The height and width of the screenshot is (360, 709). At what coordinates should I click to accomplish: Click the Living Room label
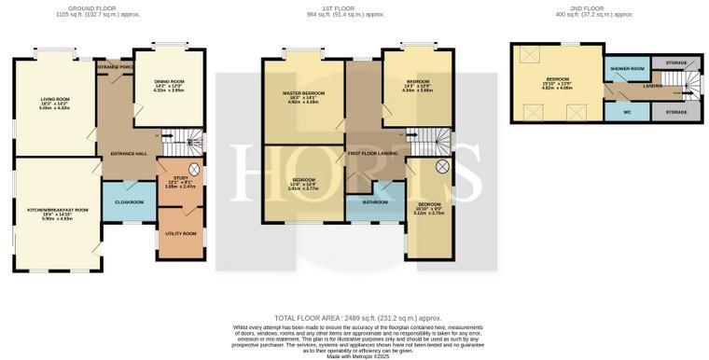point(54,99)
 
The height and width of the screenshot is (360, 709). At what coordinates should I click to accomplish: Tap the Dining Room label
point(169,81)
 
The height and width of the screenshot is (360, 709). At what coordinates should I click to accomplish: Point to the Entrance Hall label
point(128,153)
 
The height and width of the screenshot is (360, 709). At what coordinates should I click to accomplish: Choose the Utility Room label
point(181,233)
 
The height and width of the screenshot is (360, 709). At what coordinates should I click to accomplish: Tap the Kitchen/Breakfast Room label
point(58,210)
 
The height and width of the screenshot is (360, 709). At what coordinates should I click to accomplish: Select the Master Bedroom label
point(303,93)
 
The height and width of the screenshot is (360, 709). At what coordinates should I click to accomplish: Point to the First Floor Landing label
point(372,153)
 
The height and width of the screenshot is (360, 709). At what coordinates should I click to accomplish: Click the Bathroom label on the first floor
point(375,201)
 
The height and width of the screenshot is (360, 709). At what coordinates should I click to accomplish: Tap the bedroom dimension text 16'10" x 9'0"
point(429,208)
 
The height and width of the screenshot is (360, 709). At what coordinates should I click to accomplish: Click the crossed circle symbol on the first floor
point(442,166)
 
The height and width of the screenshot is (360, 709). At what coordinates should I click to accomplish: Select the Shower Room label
point(626,68)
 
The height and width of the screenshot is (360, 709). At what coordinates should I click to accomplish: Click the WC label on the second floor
point(626,112)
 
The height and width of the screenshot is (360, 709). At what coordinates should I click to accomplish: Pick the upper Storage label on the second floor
point(676,62)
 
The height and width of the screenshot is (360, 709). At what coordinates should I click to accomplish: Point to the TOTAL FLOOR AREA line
point(357,318)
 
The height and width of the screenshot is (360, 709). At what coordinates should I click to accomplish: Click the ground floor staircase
point(184,144)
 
